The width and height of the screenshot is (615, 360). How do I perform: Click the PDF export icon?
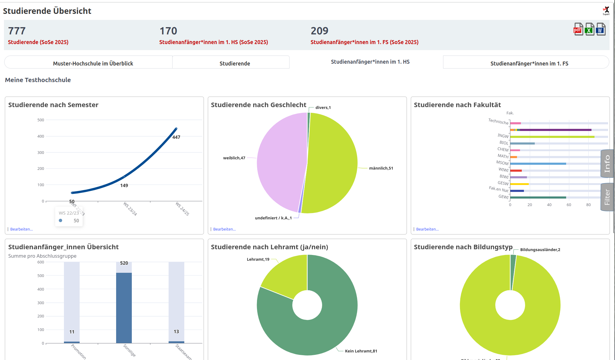(x=578, y=30)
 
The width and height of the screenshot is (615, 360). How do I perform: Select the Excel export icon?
(x=589, y=30)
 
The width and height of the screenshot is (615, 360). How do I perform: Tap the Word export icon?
(x=601, y=30)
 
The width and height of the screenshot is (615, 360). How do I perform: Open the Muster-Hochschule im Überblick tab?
(x=93, y=63)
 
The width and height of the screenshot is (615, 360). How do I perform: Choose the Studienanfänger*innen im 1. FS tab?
(x=529, y=63)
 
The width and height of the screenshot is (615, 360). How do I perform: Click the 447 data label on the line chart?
(x=176, y=137)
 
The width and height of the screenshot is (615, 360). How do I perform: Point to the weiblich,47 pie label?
(x=234, y=158)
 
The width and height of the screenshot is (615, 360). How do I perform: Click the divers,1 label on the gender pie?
(x=323, y=108)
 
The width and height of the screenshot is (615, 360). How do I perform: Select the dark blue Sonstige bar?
(x=124, y=308)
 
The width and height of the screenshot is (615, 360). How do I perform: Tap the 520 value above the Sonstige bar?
(x=124, y=263)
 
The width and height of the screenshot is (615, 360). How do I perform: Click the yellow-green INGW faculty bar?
(x=552, y=137)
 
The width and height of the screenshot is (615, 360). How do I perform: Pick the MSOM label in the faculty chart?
(x=502, y=163)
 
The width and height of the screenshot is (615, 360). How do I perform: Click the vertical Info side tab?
(x=607, y=164)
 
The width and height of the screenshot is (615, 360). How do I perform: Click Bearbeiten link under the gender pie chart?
(x=224, y=229)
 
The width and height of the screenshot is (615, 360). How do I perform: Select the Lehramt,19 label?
(x=258, y=260)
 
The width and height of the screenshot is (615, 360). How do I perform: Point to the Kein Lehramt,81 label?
(x=361, y=351)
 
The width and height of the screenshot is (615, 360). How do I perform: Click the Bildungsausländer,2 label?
(x=540, y=250)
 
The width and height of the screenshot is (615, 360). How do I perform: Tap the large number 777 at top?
(x=17, y=31)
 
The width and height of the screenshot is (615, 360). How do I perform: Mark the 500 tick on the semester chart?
(x=41, y=120)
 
